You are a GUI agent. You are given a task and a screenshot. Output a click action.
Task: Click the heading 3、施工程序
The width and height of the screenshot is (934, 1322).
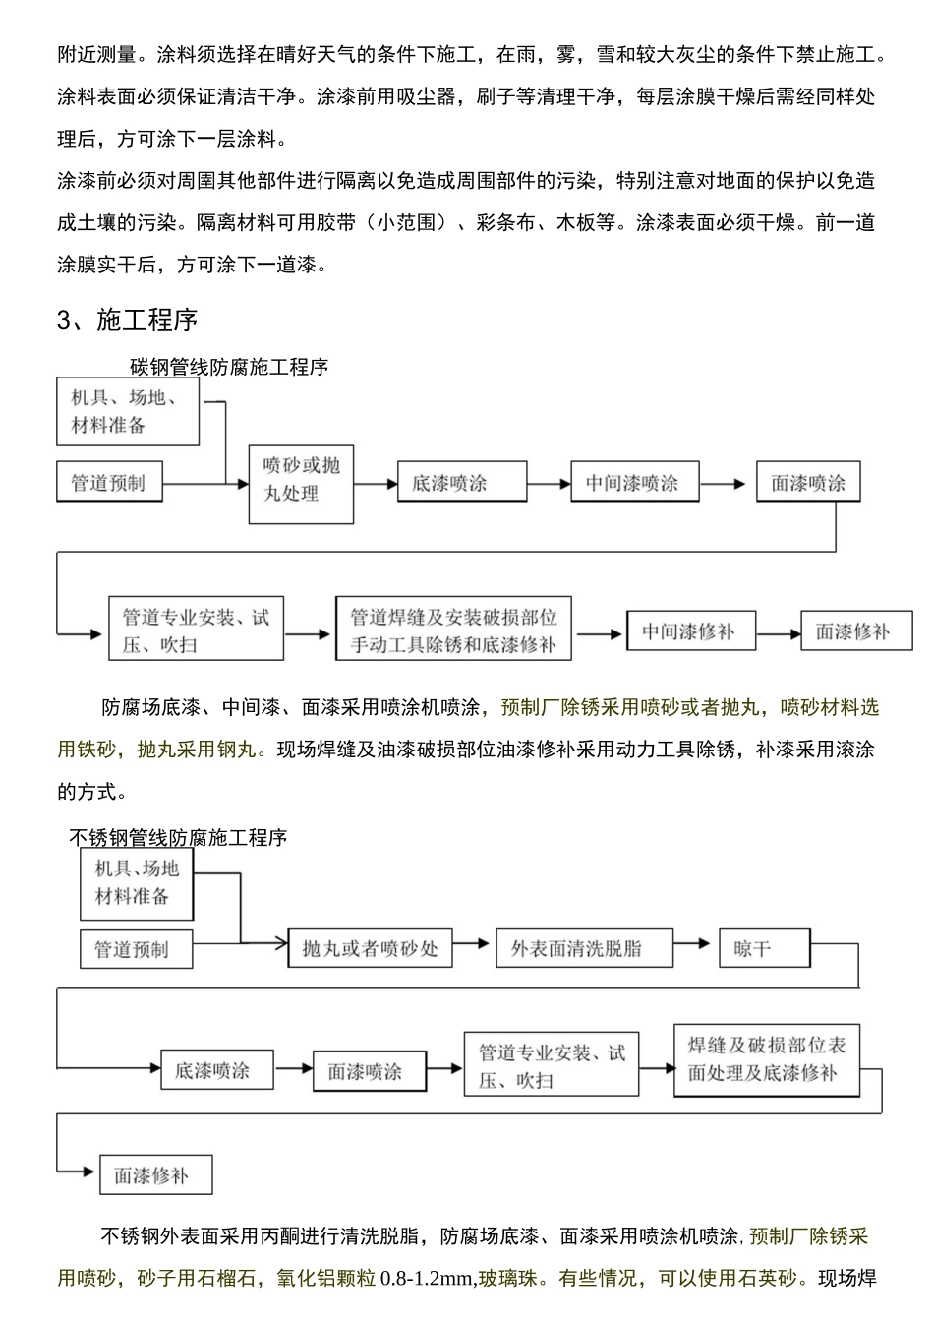click(x=128, y=320)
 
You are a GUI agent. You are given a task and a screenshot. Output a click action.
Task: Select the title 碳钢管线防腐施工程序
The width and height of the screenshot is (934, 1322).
click(x=229, y=367)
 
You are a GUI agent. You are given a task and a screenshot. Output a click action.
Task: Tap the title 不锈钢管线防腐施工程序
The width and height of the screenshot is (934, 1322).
click(x=178, y=838)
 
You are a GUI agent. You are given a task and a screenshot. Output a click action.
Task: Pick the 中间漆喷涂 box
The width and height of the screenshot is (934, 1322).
click(x=633, y=483)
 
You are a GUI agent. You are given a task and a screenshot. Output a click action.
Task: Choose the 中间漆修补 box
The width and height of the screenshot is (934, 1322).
click(x=689, y=631)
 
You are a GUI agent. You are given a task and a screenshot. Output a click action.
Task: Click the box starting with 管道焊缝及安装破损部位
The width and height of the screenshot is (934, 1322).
click(x=453, y=631)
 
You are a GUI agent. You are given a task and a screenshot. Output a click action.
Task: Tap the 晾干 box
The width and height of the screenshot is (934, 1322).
click(x=763, y=948)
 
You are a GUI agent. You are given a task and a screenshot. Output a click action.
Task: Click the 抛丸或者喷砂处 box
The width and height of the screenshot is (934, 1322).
click(x=370, y=949)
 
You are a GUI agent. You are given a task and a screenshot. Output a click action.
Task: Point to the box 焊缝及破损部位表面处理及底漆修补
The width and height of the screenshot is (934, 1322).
click(x=767, y=1059)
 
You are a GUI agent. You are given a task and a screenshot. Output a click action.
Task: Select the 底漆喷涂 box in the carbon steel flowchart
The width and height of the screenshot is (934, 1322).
click(x=449, y=483)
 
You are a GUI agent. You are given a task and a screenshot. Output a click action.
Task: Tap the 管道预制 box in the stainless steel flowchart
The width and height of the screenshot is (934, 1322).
click(x=136, y=949)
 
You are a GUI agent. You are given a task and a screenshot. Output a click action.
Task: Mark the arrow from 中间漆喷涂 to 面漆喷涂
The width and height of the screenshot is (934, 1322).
click(x=726, y=484)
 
